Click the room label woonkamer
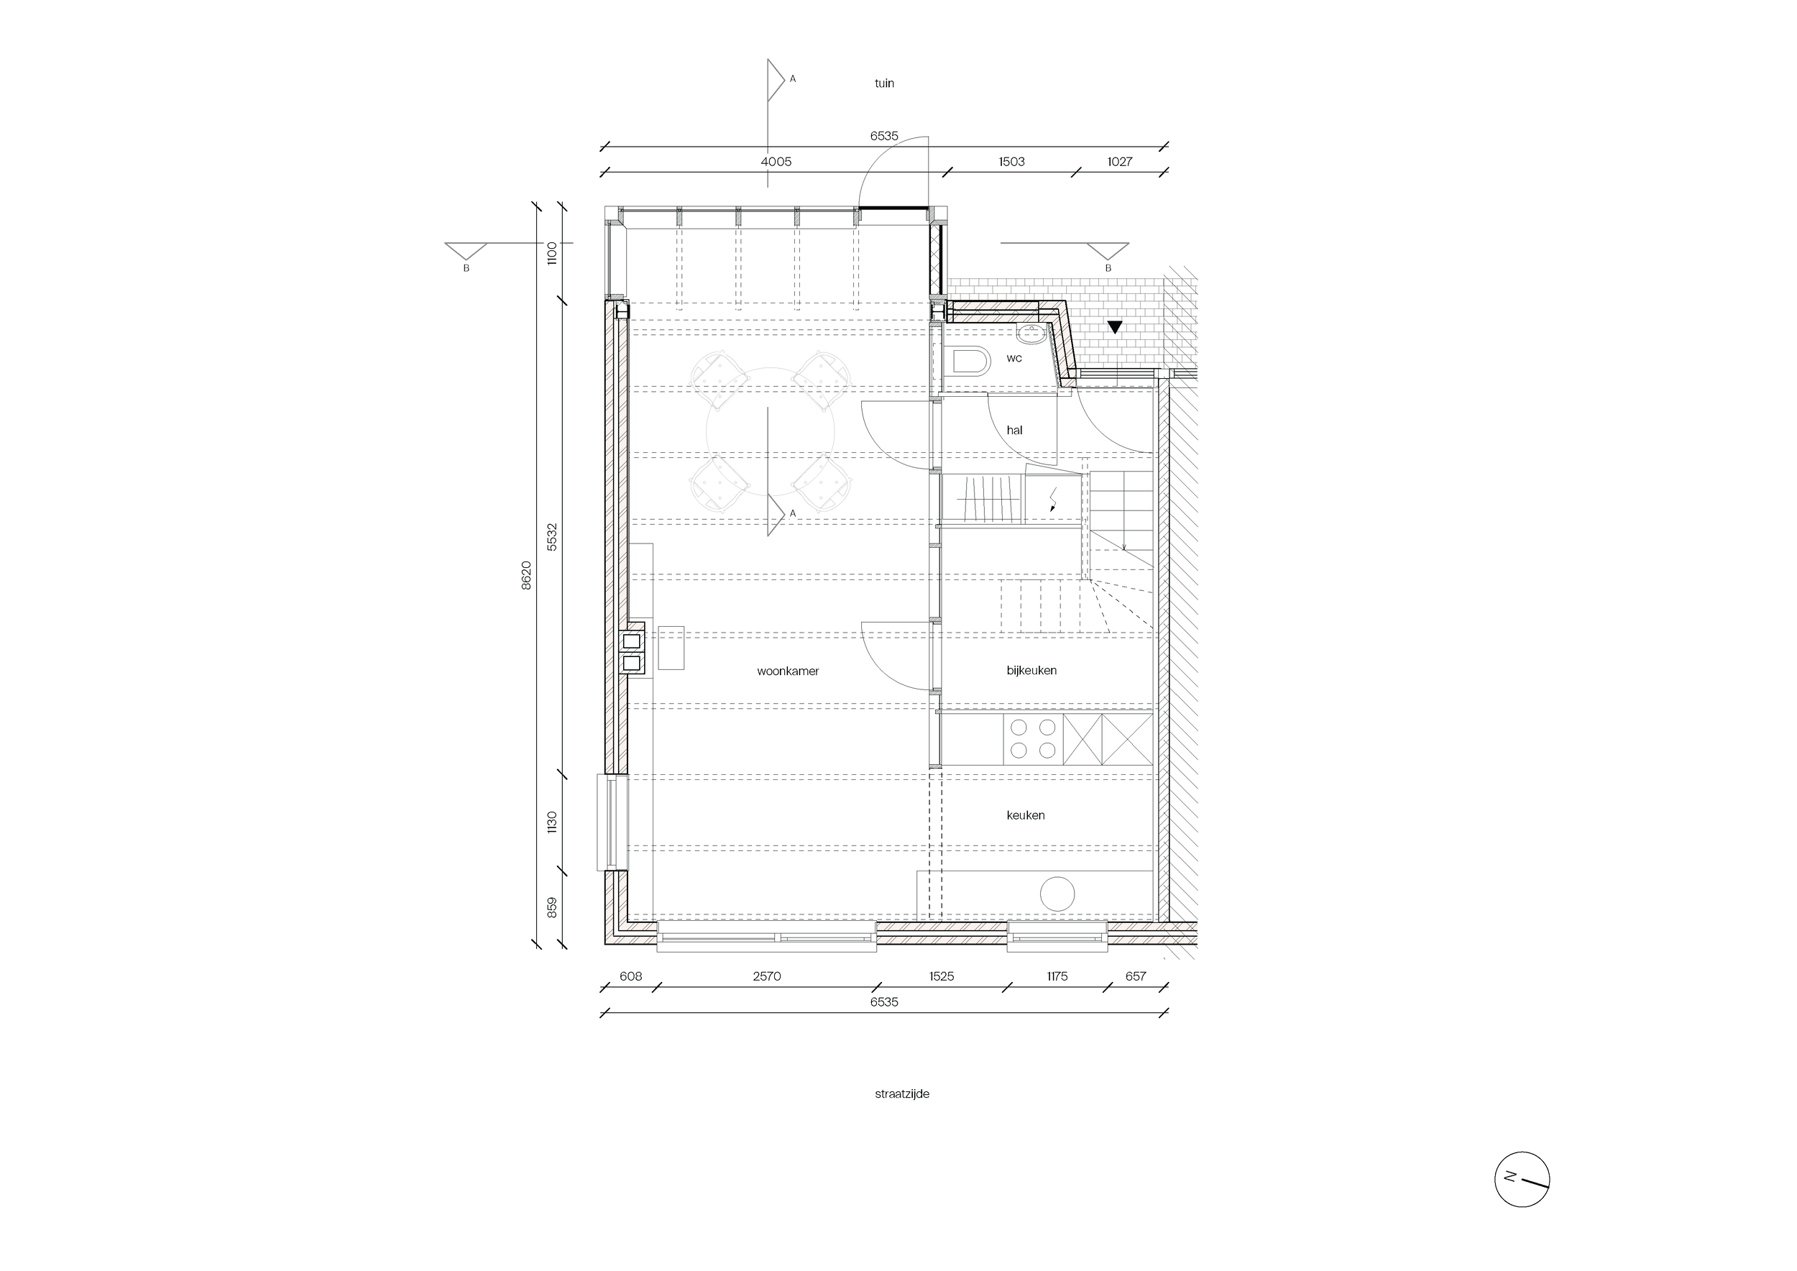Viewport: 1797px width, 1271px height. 787,671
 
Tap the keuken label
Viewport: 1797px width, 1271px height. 1025,815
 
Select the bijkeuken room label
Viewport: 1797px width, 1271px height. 1031,670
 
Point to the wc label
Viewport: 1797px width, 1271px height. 1014,358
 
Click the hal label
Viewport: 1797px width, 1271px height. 1014,430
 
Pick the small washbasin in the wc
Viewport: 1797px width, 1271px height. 1031,334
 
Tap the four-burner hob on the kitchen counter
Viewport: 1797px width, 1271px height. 1032,739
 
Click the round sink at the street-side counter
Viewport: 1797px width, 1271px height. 1057,894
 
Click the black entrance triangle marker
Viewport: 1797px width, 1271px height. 1115,327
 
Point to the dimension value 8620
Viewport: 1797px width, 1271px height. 526,574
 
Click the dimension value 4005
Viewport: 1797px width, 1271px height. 776,162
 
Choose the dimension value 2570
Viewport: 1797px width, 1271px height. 766,976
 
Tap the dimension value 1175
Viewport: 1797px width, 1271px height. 1057,976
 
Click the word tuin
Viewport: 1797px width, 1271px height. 883,83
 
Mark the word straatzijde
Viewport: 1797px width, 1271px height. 901,1093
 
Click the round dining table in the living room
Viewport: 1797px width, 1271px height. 770,431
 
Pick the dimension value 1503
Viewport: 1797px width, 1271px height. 1011,162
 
